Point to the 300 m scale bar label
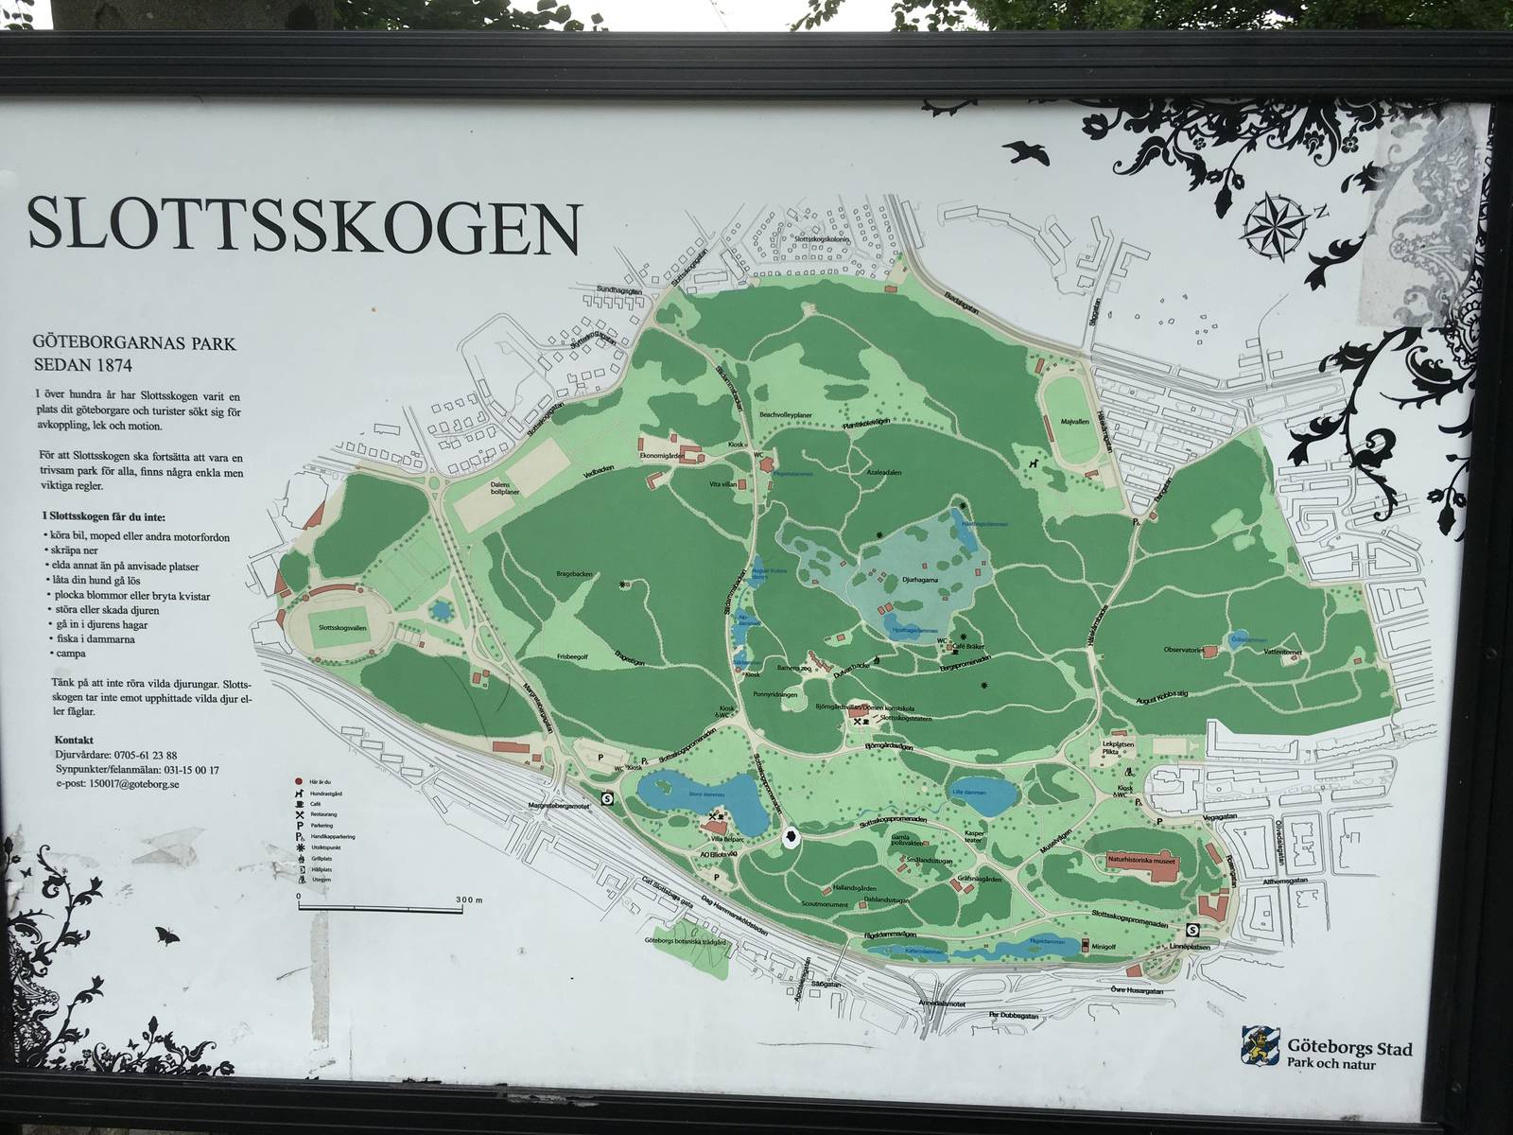click(x=467, y=899)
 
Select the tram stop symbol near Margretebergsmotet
click(x=606, y=797)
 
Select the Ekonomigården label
click(x=663, y=455)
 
